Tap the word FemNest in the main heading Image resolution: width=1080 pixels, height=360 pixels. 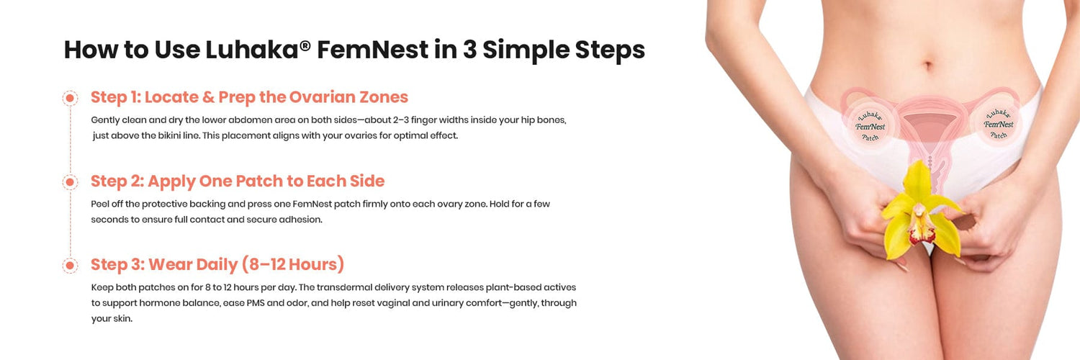click(373, 50)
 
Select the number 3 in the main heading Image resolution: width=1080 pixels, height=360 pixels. click(469, 50)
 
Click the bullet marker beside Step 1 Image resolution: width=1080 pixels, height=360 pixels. click(70, 99)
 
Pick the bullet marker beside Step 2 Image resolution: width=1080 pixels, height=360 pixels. click(70, 182)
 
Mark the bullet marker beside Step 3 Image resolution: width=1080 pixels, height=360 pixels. click(70, 266)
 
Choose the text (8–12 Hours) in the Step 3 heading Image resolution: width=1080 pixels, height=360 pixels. click(293, 264)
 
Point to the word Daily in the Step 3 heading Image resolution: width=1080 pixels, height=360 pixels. click(217, 264)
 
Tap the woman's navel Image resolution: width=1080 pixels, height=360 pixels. click(929, 65)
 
